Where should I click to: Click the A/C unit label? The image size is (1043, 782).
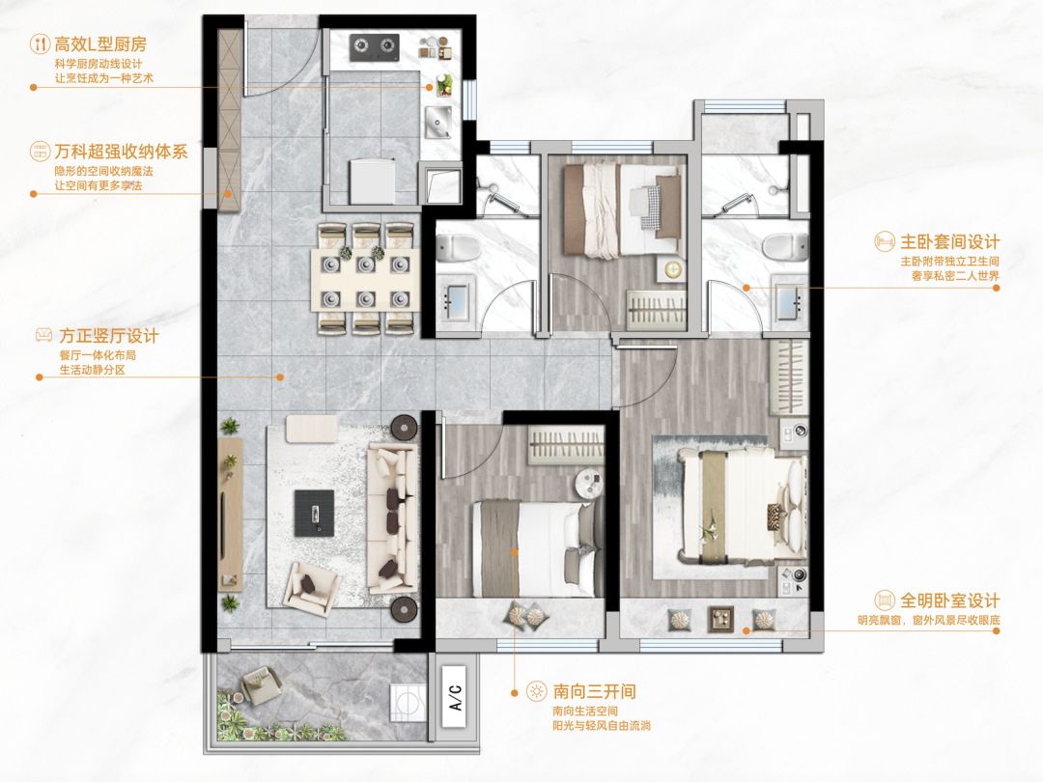pyautogui.click(x=455, y=697)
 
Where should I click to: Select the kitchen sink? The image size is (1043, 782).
pyautogui.click(x=438, y=122)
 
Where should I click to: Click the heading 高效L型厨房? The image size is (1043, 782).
pyautogui.click(x=100, y=43)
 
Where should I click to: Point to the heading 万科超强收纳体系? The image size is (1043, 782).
pyautogui.click(x=121, y=152)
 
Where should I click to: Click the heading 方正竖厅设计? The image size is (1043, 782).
pyautogui.click(x=109, y=336)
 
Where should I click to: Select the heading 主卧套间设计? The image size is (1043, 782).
pyautogui.click(x=950, y=242)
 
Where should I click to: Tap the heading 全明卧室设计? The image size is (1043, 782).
pyautogui.click(x=950, y=601)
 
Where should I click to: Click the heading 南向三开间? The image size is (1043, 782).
pyautogui.click(x=595, y=691)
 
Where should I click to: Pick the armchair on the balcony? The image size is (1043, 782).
pyautogui.click(x=262, y=684)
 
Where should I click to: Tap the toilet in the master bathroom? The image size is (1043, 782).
pyautogui.click(x=784, y=248)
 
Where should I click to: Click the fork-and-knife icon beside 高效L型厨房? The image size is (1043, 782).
pyautogui.click(x=40, y=44)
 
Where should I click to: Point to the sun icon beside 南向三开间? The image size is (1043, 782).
pyautogui.click(x=536, y=691)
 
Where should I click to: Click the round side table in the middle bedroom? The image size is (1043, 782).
pyautogui.click(x=589, y=482)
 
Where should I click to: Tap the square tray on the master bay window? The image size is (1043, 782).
pyautogui.click(x=720, y=619)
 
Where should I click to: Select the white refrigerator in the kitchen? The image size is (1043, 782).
pyautogui.click(x=373, y=181)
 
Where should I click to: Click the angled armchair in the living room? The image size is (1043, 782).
pyautogui.click(x=311, y=588)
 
